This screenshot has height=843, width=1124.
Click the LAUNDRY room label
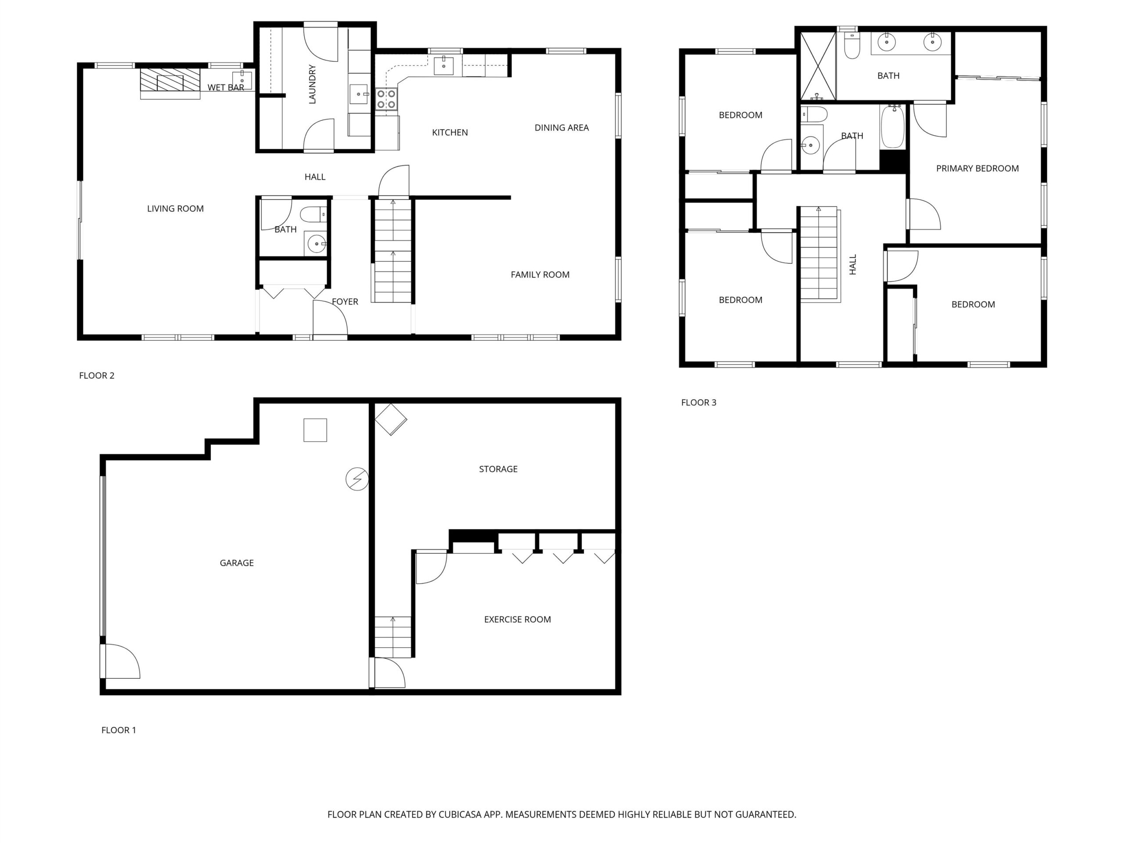tap(312, 84)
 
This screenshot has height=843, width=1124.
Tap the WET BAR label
tap(226, 87)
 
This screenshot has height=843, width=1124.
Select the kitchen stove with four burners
tap(386, 99)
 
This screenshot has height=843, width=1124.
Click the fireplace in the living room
tap(170, 80)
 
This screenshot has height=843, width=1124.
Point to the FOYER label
tap(345, 301)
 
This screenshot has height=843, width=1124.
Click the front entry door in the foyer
tap(330, 318)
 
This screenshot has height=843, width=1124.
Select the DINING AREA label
tap(562, 127)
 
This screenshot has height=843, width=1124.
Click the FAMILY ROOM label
tap(540, 274)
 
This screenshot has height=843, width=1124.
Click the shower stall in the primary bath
tap(818, 66)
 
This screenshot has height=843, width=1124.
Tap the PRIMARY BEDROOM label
tap(977, 168)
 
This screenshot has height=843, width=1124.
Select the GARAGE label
tap(236, 562)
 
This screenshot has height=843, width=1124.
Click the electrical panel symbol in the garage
tap(357, 479)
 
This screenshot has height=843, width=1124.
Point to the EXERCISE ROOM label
tap(517, 619)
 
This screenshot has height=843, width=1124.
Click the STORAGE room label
tap(498, 468)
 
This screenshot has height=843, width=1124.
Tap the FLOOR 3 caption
tap(699, 403)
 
